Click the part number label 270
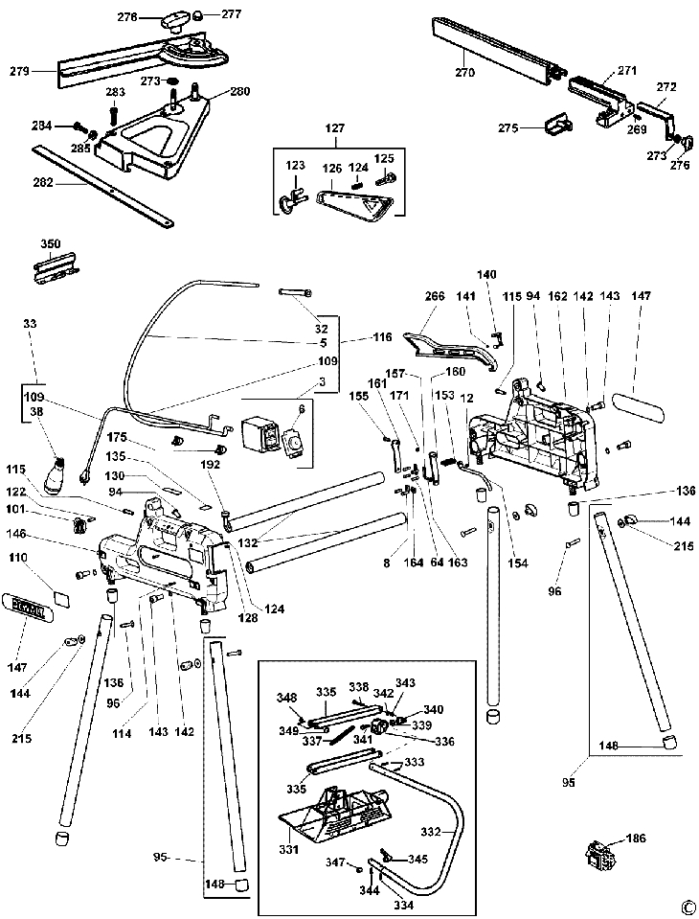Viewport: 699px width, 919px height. click(465, 73)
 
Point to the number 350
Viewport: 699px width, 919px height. click(50, 244)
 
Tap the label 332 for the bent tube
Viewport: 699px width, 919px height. click(432, 832)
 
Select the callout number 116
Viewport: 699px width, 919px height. click(383, 338)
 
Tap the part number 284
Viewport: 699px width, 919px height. click(41, 126)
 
